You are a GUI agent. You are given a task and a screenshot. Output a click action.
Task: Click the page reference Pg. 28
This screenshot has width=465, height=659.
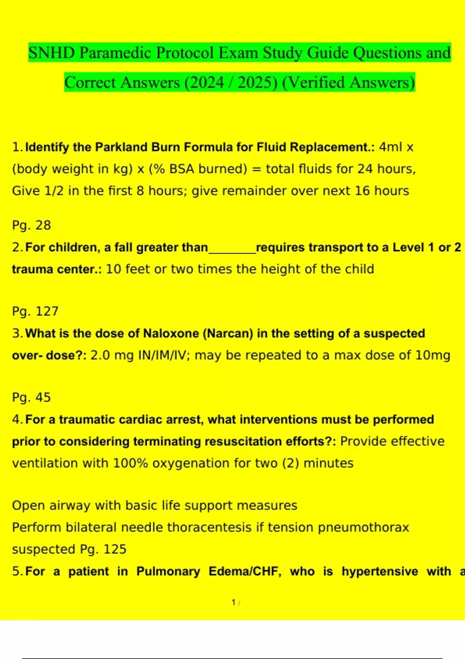pyautogui.click(x=31, y=225)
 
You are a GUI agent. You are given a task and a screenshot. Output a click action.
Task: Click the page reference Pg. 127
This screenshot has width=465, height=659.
pyautogui.click(x=35, y=311)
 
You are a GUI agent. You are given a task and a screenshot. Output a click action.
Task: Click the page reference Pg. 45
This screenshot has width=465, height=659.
pyautogui.click(x=31, y=397)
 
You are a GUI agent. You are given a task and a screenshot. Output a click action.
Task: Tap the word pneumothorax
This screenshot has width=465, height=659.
pyautogui.click(x=363, y=527)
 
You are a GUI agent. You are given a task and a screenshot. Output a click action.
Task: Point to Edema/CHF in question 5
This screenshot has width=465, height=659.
pyautogui.click(x=245, y=571)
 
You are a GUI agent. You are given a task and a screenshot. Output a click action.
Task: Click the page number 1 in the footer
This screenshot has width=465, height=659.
pyautogui.click(x=234, y=602)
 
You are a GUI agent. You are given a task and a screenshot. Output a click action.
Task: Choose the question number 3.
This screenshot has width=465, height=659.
pyautogui.click(x=16, y=333)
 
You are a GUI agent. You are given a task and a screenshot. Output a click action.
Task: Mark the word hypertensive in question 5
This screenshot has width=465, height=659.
pyautogui.click(x=380, y=571)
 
